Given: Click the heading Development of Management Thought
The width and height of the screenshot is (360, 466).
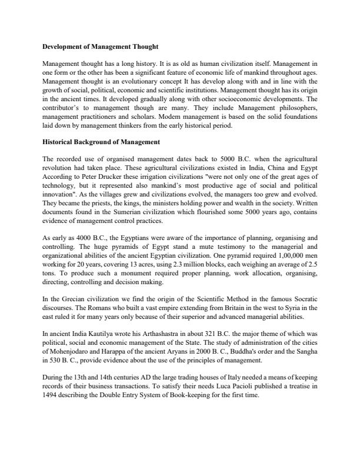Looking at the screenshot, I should point(100,45).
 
